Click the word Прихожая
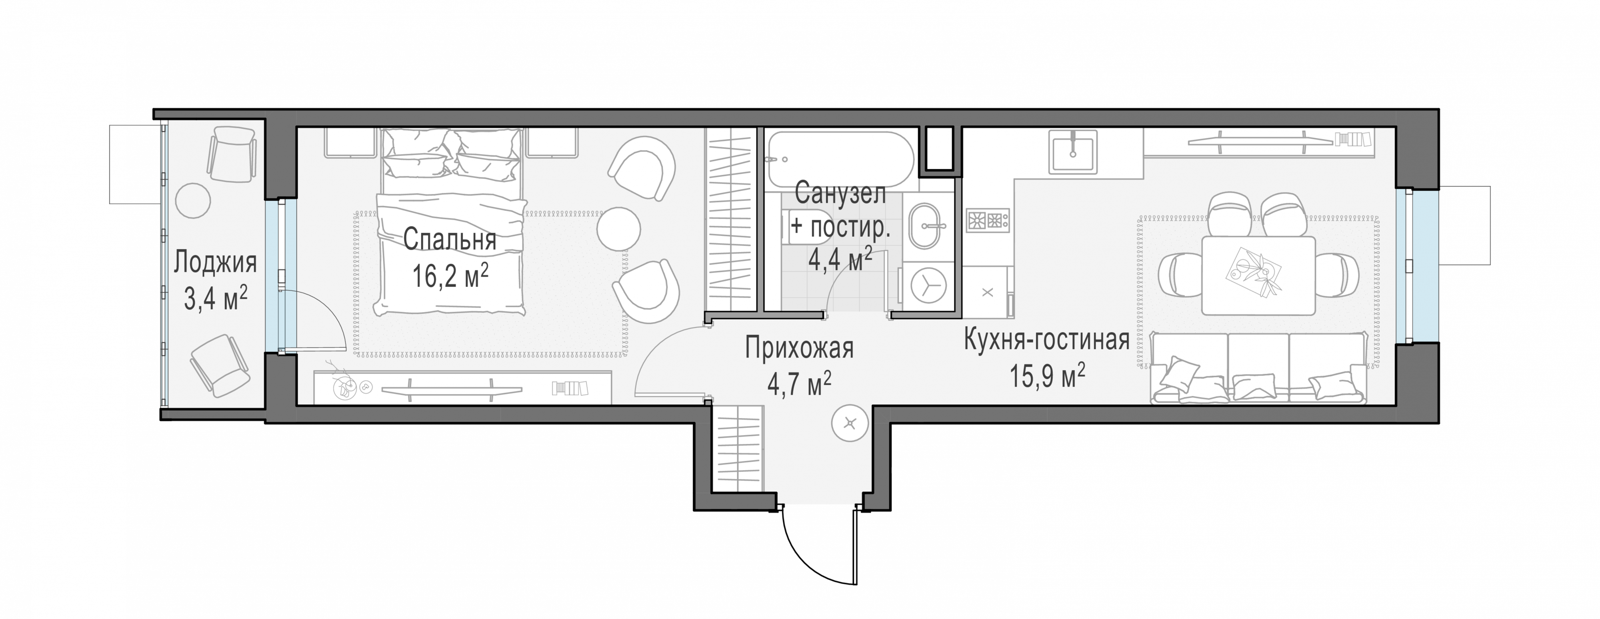799,348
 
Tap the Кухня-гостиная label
1046,341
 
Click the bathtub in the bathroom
840,159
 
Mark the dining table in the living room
1258,275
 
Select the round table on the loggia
193,200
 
